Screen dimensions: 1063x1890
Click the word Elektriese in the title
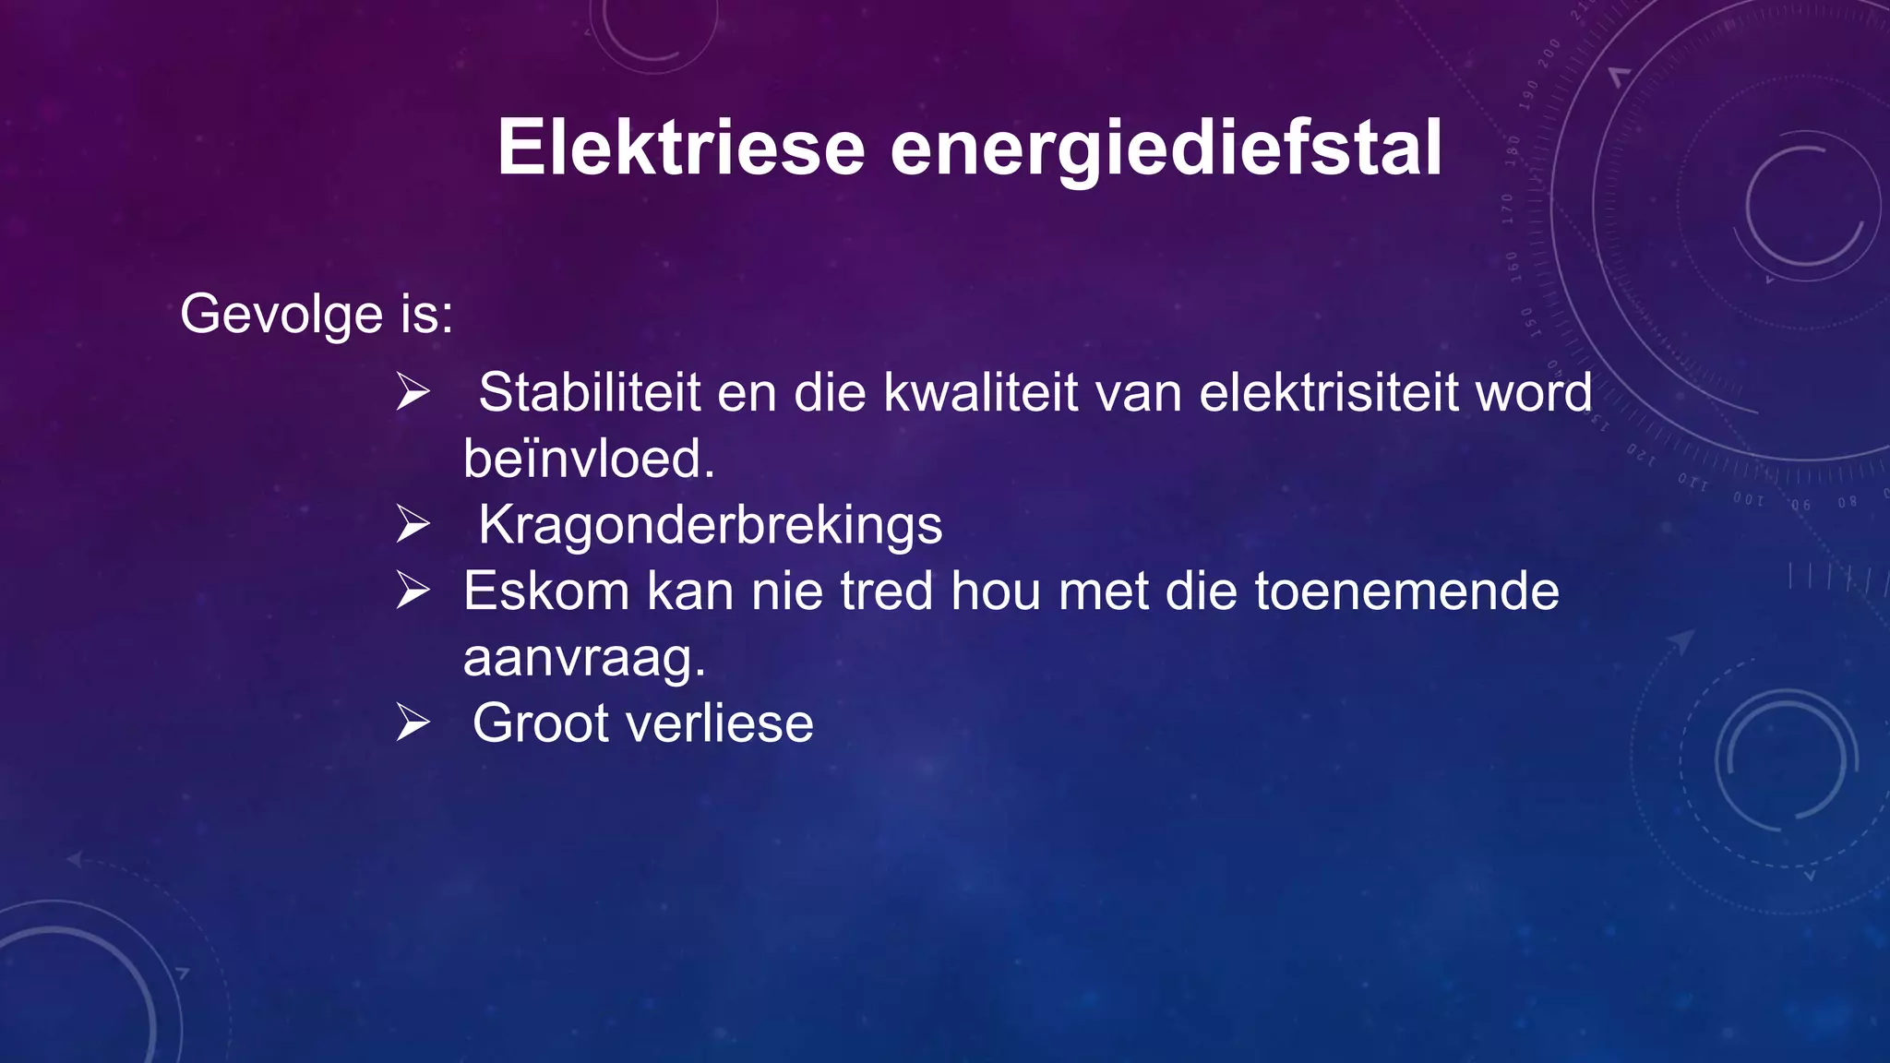coord(681,148)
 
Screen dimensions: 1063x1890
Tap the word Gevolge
coord(281,315)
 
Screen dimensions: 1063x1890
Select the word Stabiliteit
coord(590,392)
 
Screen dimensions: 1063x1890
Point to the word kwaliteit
coord(980,393)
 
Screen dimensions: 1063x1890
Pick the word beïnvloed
coord(589,459)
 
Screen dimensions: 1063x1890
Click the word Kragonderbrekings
coord(711,525)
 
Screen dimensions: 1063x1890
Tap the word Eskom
coord(546,591)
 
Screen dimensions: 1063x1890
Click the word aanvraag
coord(584,659)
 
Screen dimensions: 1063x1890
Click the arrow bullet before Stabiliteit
coord(413,392)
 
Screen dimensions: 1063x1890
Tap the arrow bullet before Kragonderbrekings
coord(413,524)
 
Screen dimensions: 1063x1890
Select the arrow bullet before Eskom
coord(413,591)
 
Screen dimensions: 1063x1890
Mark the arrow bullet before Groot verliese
coord(413,723)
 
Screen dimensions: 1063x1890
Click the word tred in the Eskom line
coord(887,591)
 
